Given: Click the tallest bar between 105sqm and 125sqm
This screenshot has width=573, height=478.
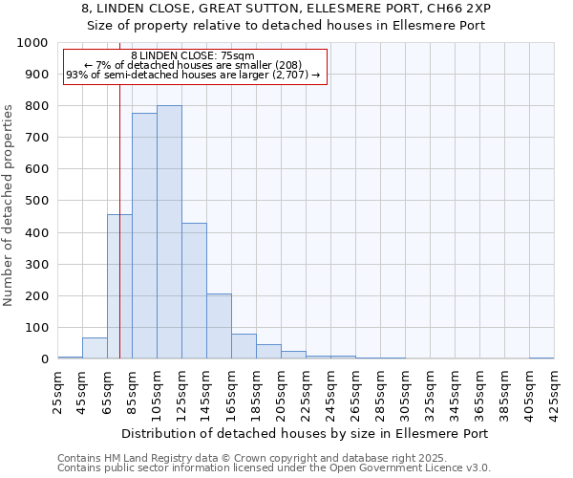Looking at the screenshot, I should click(169, 232).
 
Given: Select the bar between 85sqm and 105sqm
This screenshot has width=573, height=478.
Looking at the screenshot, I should click(144, 236).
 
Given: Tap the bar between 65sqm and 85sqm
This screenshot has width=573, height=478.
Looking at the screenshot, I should click(119, 287).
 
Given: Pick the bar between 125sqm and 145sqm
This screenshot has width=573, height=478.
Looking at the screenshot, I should click(194, 291).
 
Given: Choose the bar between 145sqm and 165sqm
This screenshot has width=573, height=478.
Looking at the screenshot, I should click(219, 326).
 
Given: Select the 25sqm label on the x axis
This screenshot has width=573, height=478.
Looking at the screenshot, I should click(58, 388).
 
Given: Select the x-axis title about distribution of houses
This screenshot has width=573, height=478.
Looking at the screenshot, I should click(306, 433).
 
